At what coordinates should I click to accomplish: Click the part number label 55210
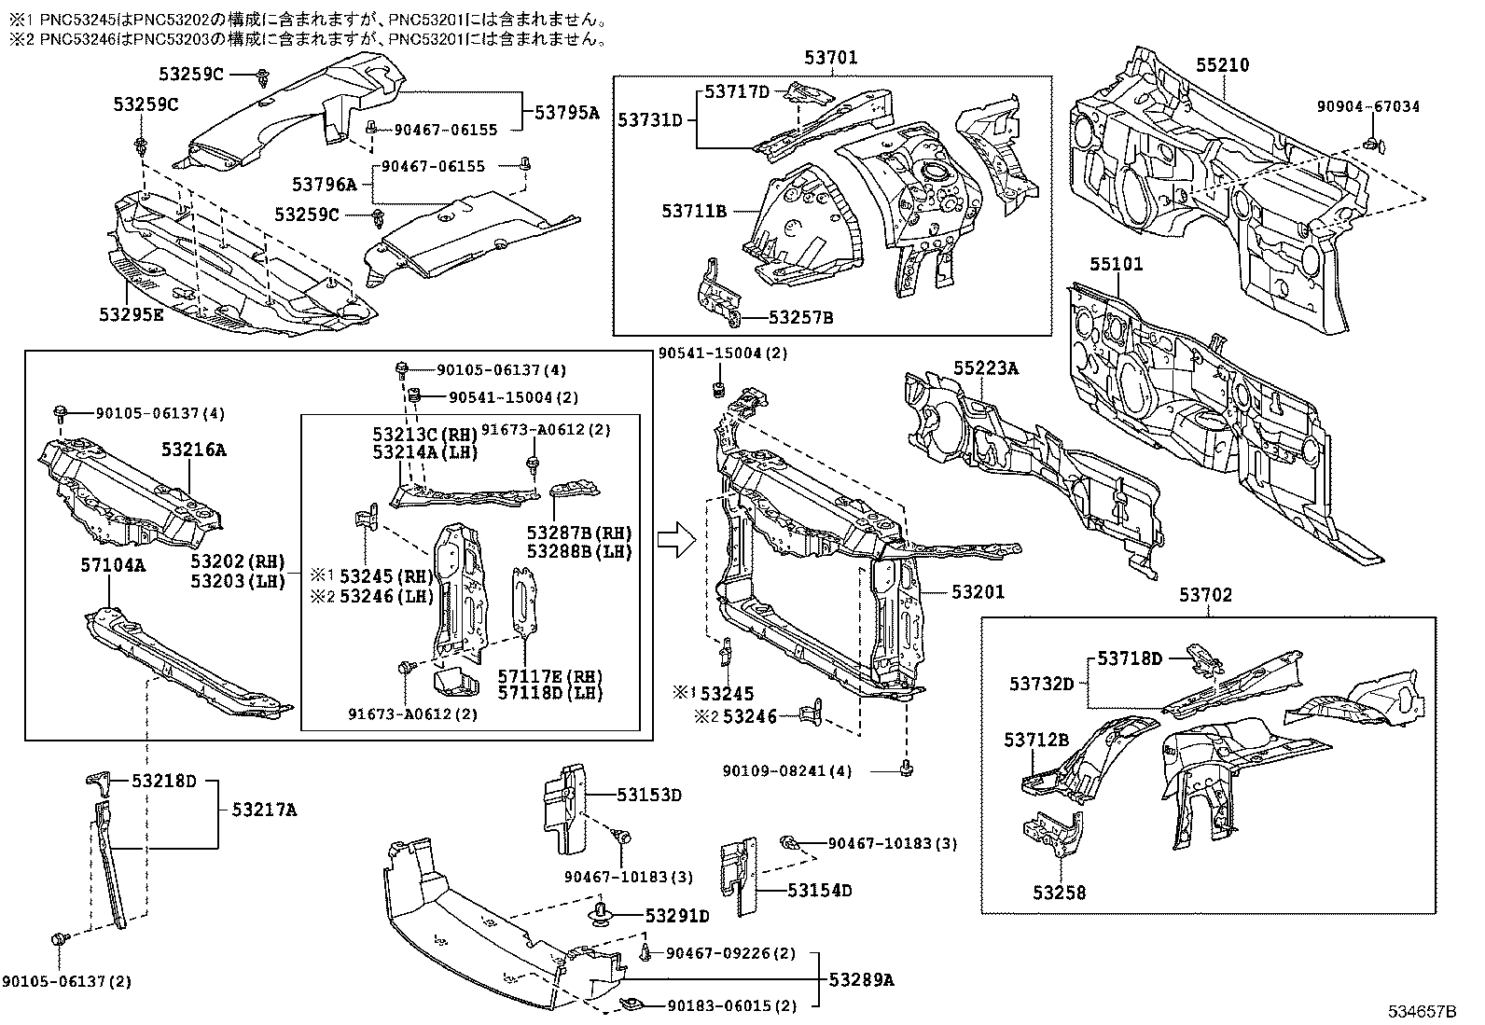[x=1223, y=65]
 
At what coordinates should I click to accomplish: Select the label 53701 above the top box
[x=831, y=58]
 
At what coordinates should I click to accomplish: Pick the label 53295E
[x=132, y=314]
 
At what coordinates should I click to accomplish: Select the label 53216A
[x=194, y=450]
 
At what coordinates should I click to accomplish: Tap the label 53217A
[x=264, y=810]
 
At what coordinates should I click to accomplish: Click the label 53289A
[x=862, y=979]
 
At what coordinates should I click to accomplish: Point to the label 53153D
[x=649, y=795]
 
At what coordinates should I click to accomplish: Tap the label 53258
[x=1059, y=893]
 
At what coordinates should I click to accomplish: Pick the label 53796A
[x=325, y=185]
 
